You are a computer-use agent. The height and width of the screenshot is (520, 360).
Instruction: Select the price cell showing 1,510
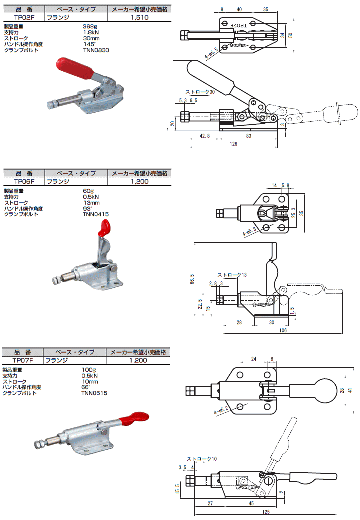139,17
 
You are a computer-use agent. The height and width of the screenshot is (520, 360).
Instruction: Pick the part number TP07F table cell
23,360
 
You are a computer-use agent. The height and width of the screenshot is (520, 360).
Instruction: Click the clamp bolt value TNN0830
95,50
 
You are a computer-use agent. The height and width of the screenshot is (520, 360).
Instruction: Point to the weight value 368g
89,26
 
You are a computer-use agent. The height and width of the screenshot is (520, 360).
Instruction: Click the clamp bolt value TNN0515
94,393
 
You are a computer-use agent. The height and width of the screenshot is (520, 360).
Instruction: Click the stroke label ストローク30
200,92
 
